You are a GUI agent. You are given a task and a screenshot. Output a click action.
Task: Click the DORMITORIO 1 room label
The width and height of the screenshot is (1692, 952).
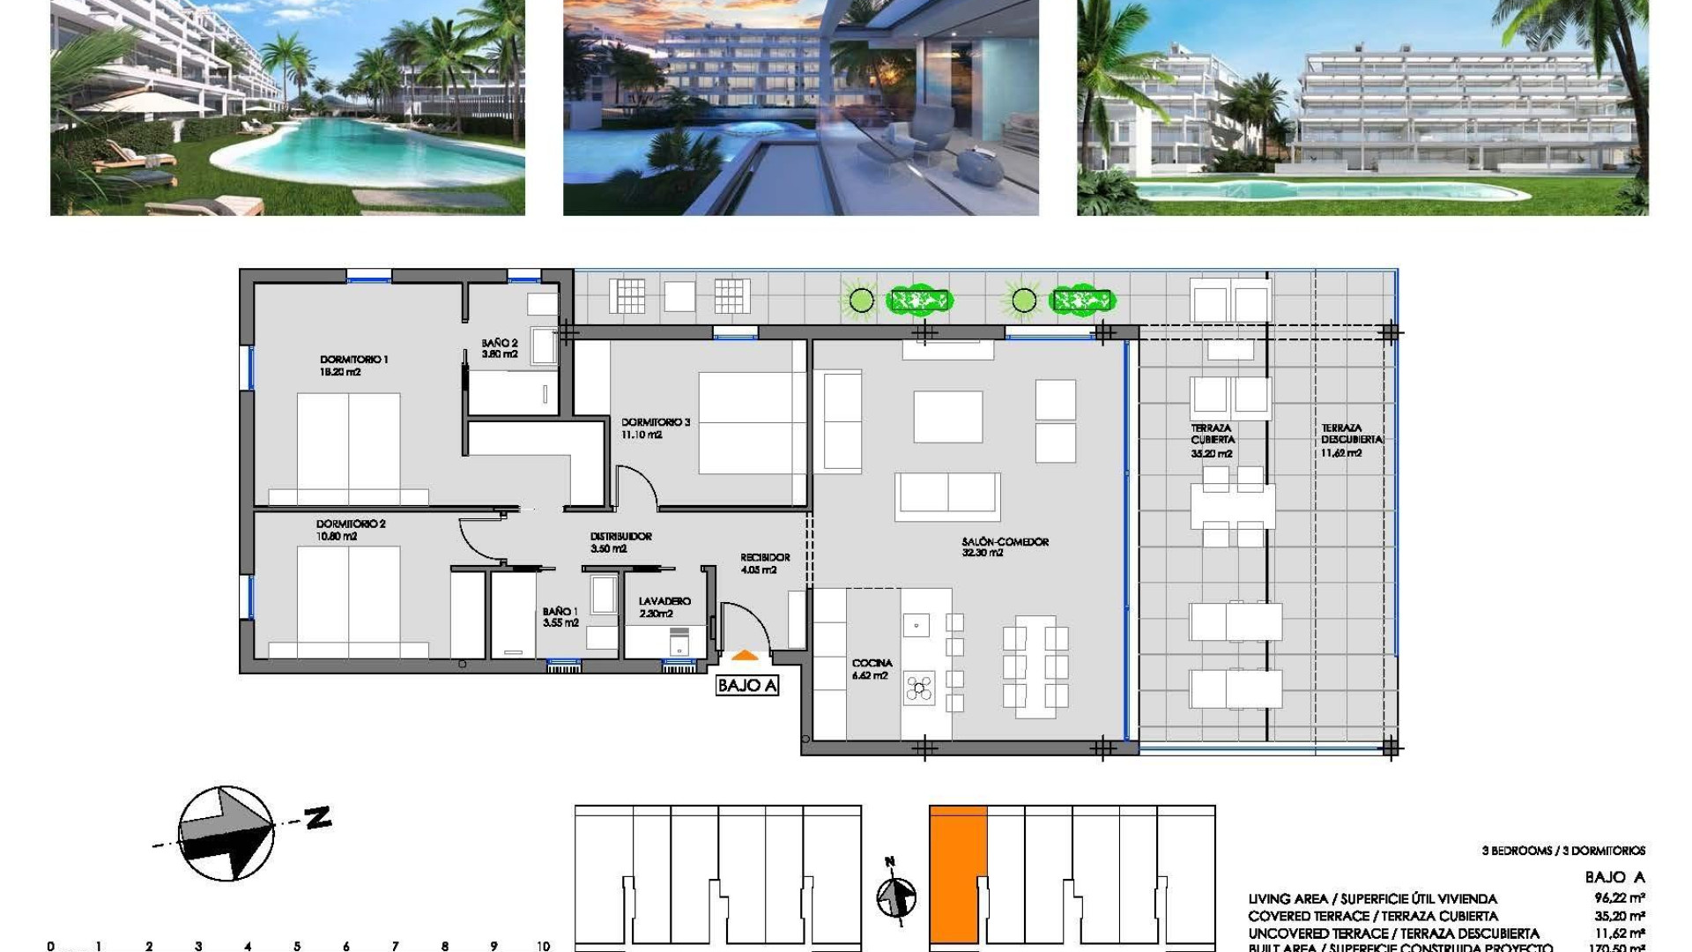pos(353,360)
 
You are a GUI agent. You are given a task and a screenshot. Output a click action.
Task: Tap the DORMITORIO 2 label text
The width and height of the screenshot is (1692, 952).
pos(351,524)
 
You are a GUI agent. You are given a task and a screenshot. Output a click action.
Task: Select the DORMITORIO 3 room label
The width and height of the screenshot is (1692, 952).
pos(656,422)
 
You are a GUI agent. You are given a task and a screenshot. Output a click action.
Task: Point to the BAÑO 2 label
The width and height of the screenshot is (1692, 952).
pos(500,343)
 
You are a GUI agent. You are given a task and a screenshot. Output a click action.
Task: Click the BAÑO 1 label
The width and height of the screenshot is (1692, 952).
pos(560,611)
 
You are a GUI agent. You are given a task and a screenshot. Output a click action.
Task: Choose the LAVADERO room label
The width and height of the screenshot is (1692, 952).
pos(664,601)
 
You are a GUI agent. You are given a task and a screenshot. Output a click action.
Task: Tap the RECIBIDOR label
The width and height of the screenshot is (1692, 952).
pos(765,557)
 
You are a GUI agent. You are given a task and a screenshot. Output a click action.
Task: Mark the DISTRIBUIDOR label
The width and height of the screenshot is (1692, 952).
pos(621,536)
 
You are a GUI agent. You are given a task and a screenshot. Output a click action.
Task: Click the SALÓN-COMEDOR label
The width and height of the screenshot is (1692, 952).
pos(1006,542)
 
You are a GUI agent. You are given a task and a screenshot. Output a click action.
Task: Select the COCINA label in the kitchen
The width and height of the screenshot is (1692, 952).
pos(872,663)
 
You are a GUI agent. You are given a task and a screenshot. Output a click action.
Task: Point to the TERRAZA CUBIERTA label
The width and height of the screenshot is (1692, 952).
pos(1213,434)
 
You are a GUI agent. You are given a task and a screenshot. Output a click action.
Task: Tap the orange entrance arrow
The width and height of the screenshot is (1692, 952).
pos(745,656)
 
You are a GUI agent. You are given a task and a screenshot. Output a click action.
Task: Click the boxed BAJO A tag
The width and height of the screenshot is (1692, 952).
pos(747,686)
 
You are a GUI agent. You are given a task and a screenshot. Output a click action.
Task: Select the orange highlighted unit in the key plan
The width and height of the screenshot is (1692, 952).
pos(957,873)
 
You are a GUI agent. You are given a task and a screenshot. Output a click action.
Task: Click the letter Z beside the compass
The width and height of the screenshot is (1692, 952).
pos(318,817)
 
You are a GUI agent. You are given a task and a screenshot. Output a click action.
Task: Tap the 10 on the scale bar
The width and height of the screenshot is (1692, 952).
pos(543,946)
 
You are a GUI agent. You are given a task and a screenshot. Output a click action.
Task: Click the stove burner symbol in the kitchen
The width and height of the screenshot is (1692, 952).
pos(919,688)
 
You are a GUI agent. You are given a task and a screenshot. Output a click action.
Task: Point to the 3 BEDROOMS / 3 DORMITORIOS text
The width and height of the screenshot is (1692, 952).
pos(1563,851)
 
